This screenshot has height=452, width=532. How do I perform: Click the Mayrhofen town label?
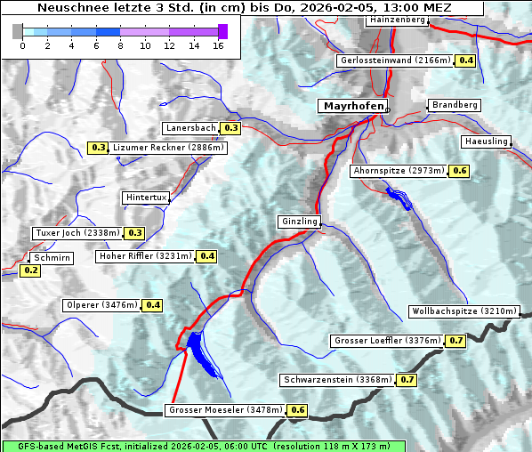pyautogui.click(x=353, y=106)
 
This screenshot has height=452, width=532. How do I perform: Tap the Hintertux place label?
pyautogui.click(x=146, y=198)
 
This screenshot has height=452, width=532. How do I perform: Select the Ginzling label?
pyautogui.click(x=298, y=222)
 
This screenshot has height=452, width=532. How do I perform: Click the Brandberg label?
pyautogui.click(x=455, y=105)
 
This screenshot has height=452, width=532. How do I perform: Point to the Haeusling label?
pyautogui.click(x=486, y=142)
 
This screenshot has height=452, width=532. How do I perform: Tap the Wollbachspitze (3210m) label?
pyautogui.click(x=463, y=311)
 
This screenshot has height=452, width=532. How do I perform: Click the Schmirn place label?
pyautogui.click(x=52, y=258)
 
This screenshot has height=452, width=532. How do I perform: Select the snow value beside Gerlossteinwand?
pyautogui.click(x=465, y=61)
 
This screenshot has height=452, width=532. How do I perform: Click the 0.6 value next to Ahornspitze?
pyautogui.click(x=459, y=170)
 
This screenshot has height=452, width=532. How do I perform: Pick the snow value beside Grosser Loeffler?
pyautogui.click(x=456, y=341)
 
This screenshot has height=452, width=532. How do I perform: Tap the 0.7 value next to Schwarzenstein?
pyautogui.click(x=407, y=380)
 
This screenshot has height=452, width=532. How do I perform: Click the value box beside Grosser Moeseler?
pyautogui.click(x=297, y=410)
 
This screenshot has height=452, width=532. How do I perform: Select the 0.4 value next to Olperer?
pyautogui.click(x=153, y=305)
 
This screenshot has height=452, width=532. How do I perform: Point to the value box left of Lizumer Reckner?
pyautogui.click(x=98, y=148)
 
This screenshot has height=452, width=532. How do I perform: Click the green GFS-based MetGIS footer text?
pyautogui.click(x=203, y=446)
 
